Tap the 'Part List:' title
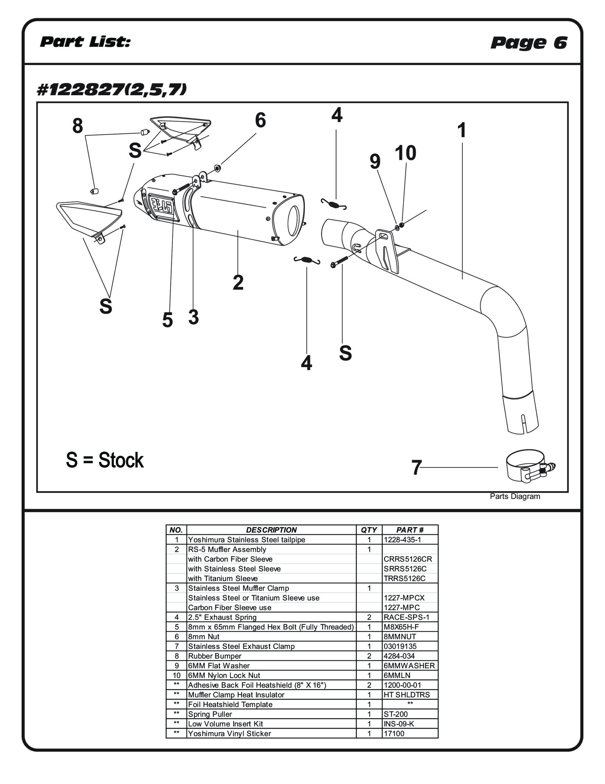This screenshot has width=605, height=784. [85, 42]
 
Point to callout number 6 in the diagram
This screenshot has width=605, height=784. [260, 120]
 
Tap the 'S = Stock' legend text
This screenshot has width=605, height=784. [105, 460]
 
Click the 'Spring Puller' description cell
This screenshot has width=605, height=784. [210, 714]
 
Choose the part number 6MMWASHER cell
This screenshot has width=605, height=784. [409, 665]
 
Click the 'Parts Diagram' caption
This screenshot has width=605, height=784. [515, 496]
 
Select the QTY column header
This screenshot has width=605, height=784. [369, 530]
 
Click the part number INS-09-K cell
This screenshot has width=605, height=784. [399, 724]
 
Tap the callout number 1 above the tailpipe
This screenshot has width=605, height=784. [462, 130]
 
